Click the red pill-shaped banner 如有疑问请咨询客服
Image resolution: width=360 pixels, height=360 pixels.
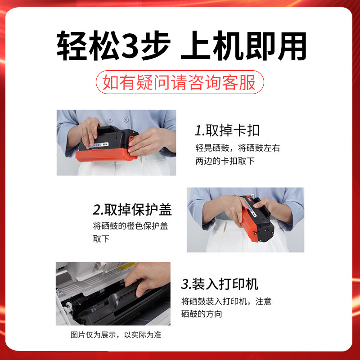tap(180, 82)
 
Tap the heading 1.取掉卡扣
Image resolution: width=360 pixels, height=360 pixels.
tap(227, 130)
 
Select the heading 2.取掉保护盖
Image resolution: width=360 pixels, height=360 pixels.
tap(132, 209)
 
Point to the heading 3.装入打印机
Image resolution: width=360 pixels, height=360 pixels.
tap(220, 284)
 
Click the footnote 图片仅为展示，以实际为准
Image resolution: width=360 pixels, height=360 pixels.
tap(116, 335)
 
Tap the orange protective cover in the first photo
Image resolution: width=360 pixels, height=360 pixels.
tap(106, 155)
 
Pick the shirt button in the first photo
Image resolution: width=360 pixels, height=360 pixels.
tap(126, 120)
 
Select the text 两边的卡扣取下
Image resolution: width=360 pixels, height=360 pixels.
tap(225, 161)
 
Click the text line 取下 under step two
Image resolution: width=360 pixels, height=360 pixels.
tap(101, 239)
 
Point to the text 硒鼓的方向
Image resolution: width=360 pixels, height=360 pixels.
tap(202, 314)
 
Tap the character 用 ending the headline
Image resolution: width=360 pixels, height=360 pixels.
tap(292, 46)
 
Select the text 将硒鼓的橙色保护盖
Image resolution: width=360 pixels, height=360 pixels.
tap(130, 226)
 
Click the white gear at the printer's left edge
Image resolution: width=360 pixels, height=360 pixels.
tap(68, 306)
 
